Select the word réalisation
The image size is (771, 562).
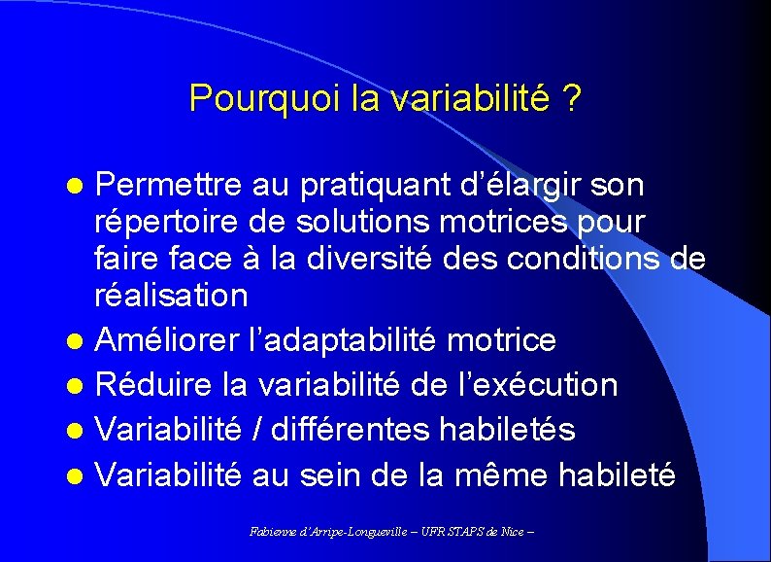(171, 295)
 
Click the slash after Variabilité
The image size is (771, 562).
(260, 430)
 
